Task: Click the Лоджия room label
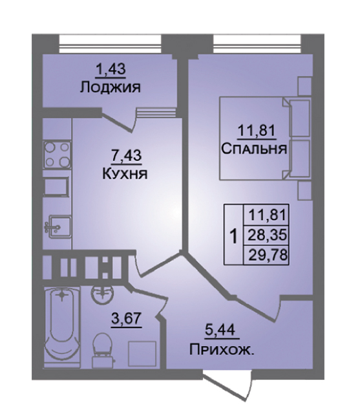click(111, 88)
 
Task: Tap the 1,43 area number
click(112, 70)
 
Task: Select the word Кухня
click(125, 174)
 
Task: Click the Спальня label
click(254, 149)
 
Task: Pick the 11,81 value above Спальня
click(257, 131)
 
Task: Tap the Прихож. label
click(222, 351)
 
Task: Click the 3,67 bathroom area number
click(127, 320)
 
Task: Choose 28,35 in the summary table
click(267, 235)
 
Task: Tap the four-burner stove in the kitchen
click(58, 155)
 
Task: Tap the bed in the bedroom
click(264, 138)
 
